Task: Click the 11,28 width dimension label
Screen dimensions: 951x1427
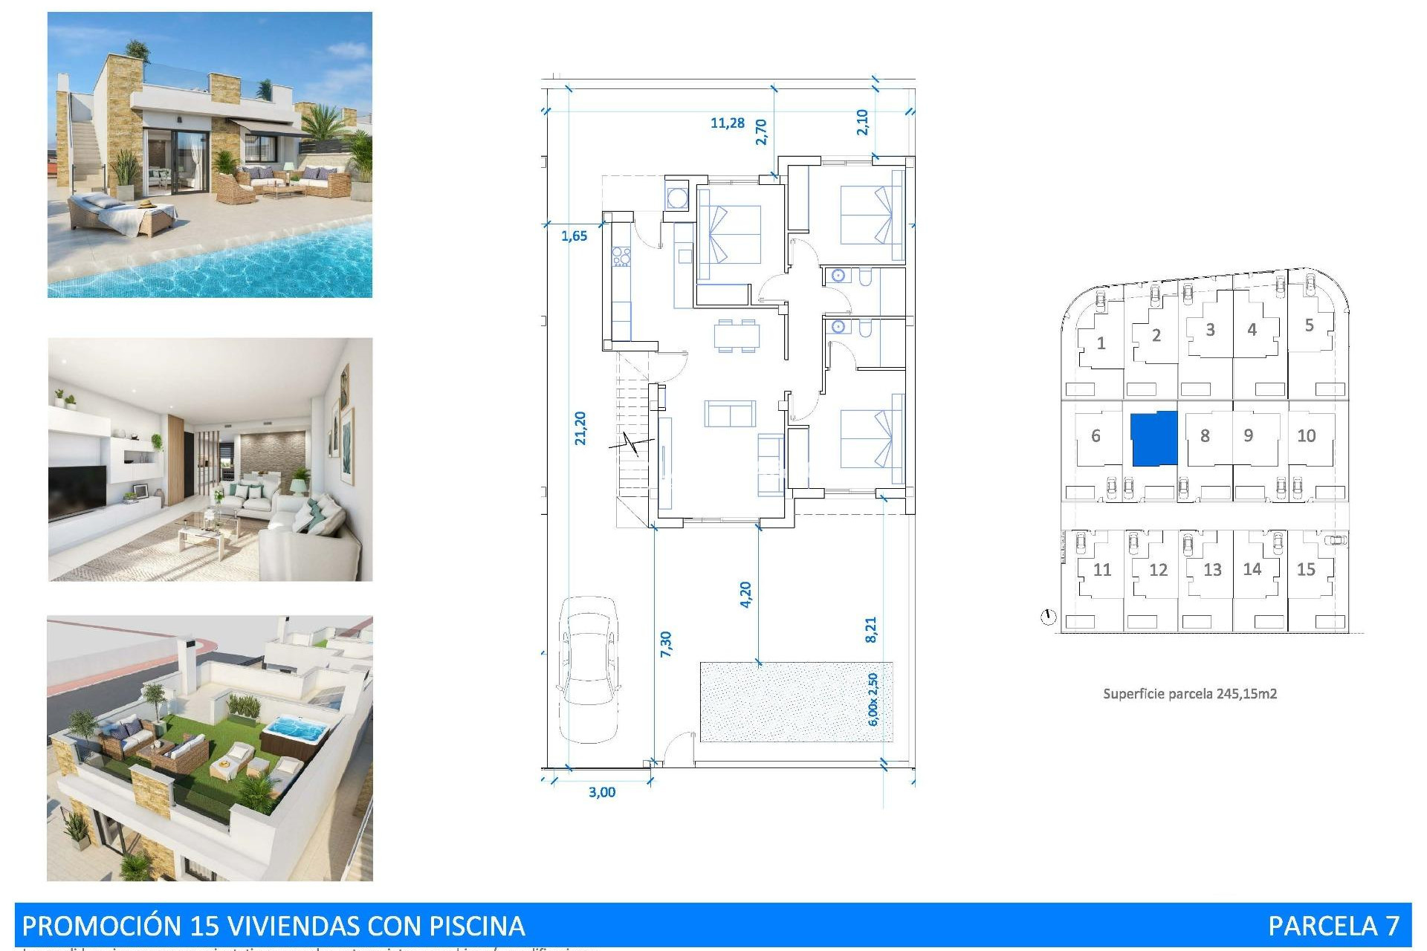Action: (727, 123)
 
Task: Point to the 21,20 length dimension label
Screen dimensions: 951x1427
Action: (580, 429)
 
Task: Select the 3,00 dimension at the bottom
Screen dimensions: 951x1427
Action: (602, 793)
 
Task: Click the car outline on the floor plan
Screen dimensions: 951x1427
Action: (589, 669)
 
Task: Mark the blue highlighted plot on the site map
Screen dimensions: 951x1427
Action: (1154, 438)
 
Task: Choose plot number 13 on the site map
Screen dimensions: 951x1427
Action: (1212, 570)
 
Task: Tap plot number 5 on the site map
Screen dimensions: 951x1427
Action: (1309, 325)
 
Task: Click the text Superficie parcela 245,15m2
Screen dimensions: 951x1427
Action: (1189, 694)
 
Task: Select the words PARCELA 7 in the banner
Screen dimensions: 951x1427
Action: (1333, 926)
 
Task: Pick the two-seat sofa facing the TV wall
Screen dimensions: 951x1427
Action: (730, 414)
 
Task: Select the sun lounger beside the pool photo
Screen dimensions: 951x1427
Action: (123, 215)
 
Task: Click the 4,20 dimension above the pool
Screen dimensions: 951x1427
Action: (745, 594)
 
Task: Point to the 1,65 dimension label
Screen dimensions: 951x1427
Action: (574, 236)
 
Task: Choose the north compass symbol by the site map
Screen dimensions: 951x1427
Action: (1048, 617)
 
